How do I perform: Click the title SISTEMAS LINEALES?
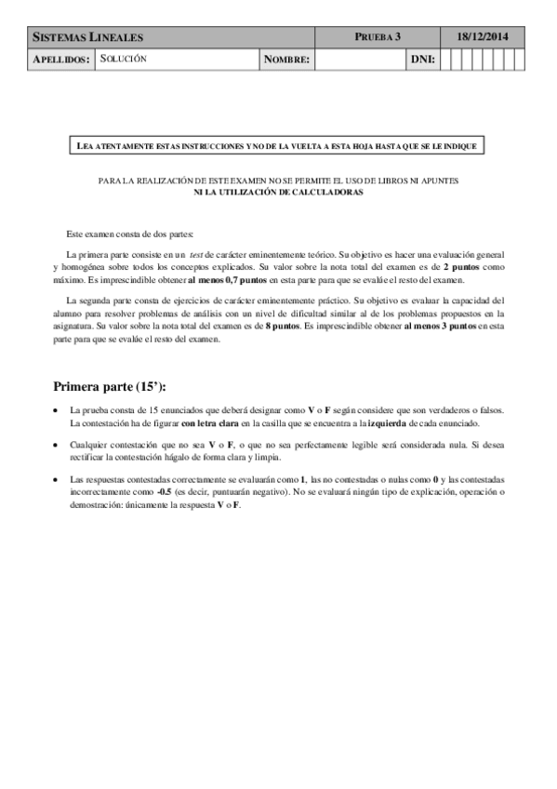[x=88, y=37]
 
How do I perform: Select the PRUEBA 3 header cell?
[x=378, y=37]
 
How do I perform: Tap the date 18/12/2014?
[x=481, y=37]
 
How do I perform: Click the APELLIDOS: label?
[x=61, y=60]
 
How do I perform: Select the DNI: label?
[x=422, y=60]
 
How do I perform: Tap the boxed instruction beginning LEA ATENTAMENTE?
[x=278, y=146]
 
